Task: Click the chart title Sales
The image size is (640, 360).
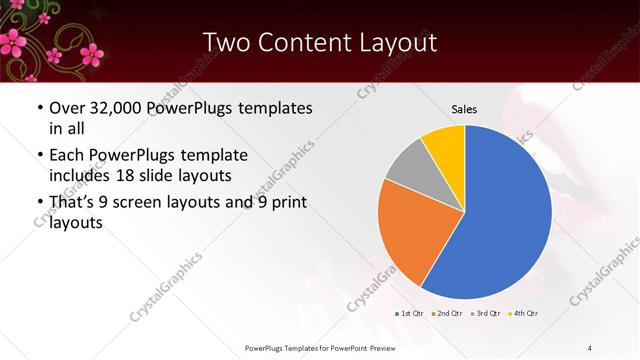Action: pos(464,108)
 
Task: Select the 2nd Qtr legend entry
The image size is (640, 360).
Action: pos(447,314)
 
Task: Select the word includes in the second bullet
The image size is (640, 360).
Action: pos(83,176)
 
